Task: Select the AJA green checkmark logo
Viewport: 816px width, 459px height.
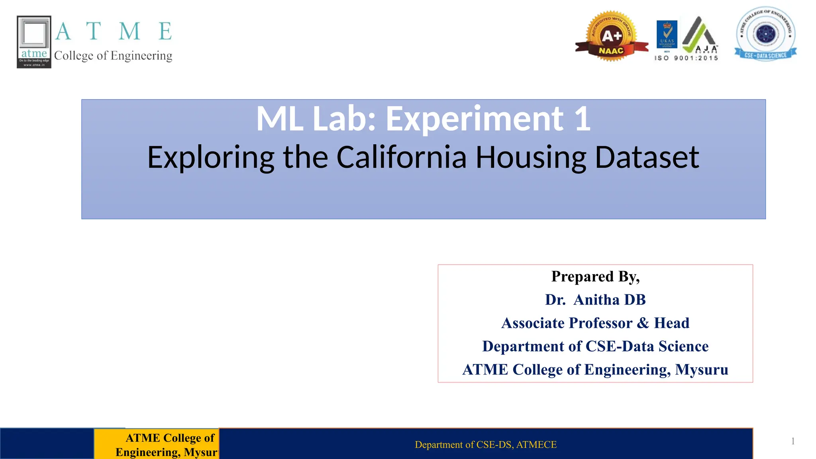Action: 700,35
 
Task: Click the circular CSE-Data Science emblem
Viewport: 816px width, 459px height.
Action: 765,34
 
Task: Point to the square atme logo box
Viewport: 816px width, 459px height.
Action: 34,42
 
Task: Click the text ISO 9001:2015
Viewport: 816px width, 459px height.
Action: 686,58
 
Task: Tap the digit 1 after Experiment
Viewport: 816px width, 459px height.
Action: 582,119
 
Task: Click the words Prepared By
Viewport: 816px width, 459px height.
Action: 595,277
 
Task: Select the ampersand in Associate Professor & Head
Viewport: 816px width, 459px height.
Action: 643,323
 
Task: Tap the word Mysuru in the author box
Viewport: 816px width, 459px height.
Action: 701,370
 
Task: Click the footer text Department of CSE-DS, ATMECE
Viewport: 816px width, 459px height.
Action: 485,445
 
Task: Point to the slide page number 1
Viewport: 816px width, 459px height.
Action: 793,441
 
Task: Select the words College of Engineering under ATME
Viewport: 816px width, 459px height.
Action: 113,56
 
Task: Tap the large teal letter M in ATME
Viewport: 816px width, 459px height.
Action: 129,31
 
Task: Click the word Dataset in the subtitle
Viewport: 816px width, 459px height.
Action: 647,157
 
